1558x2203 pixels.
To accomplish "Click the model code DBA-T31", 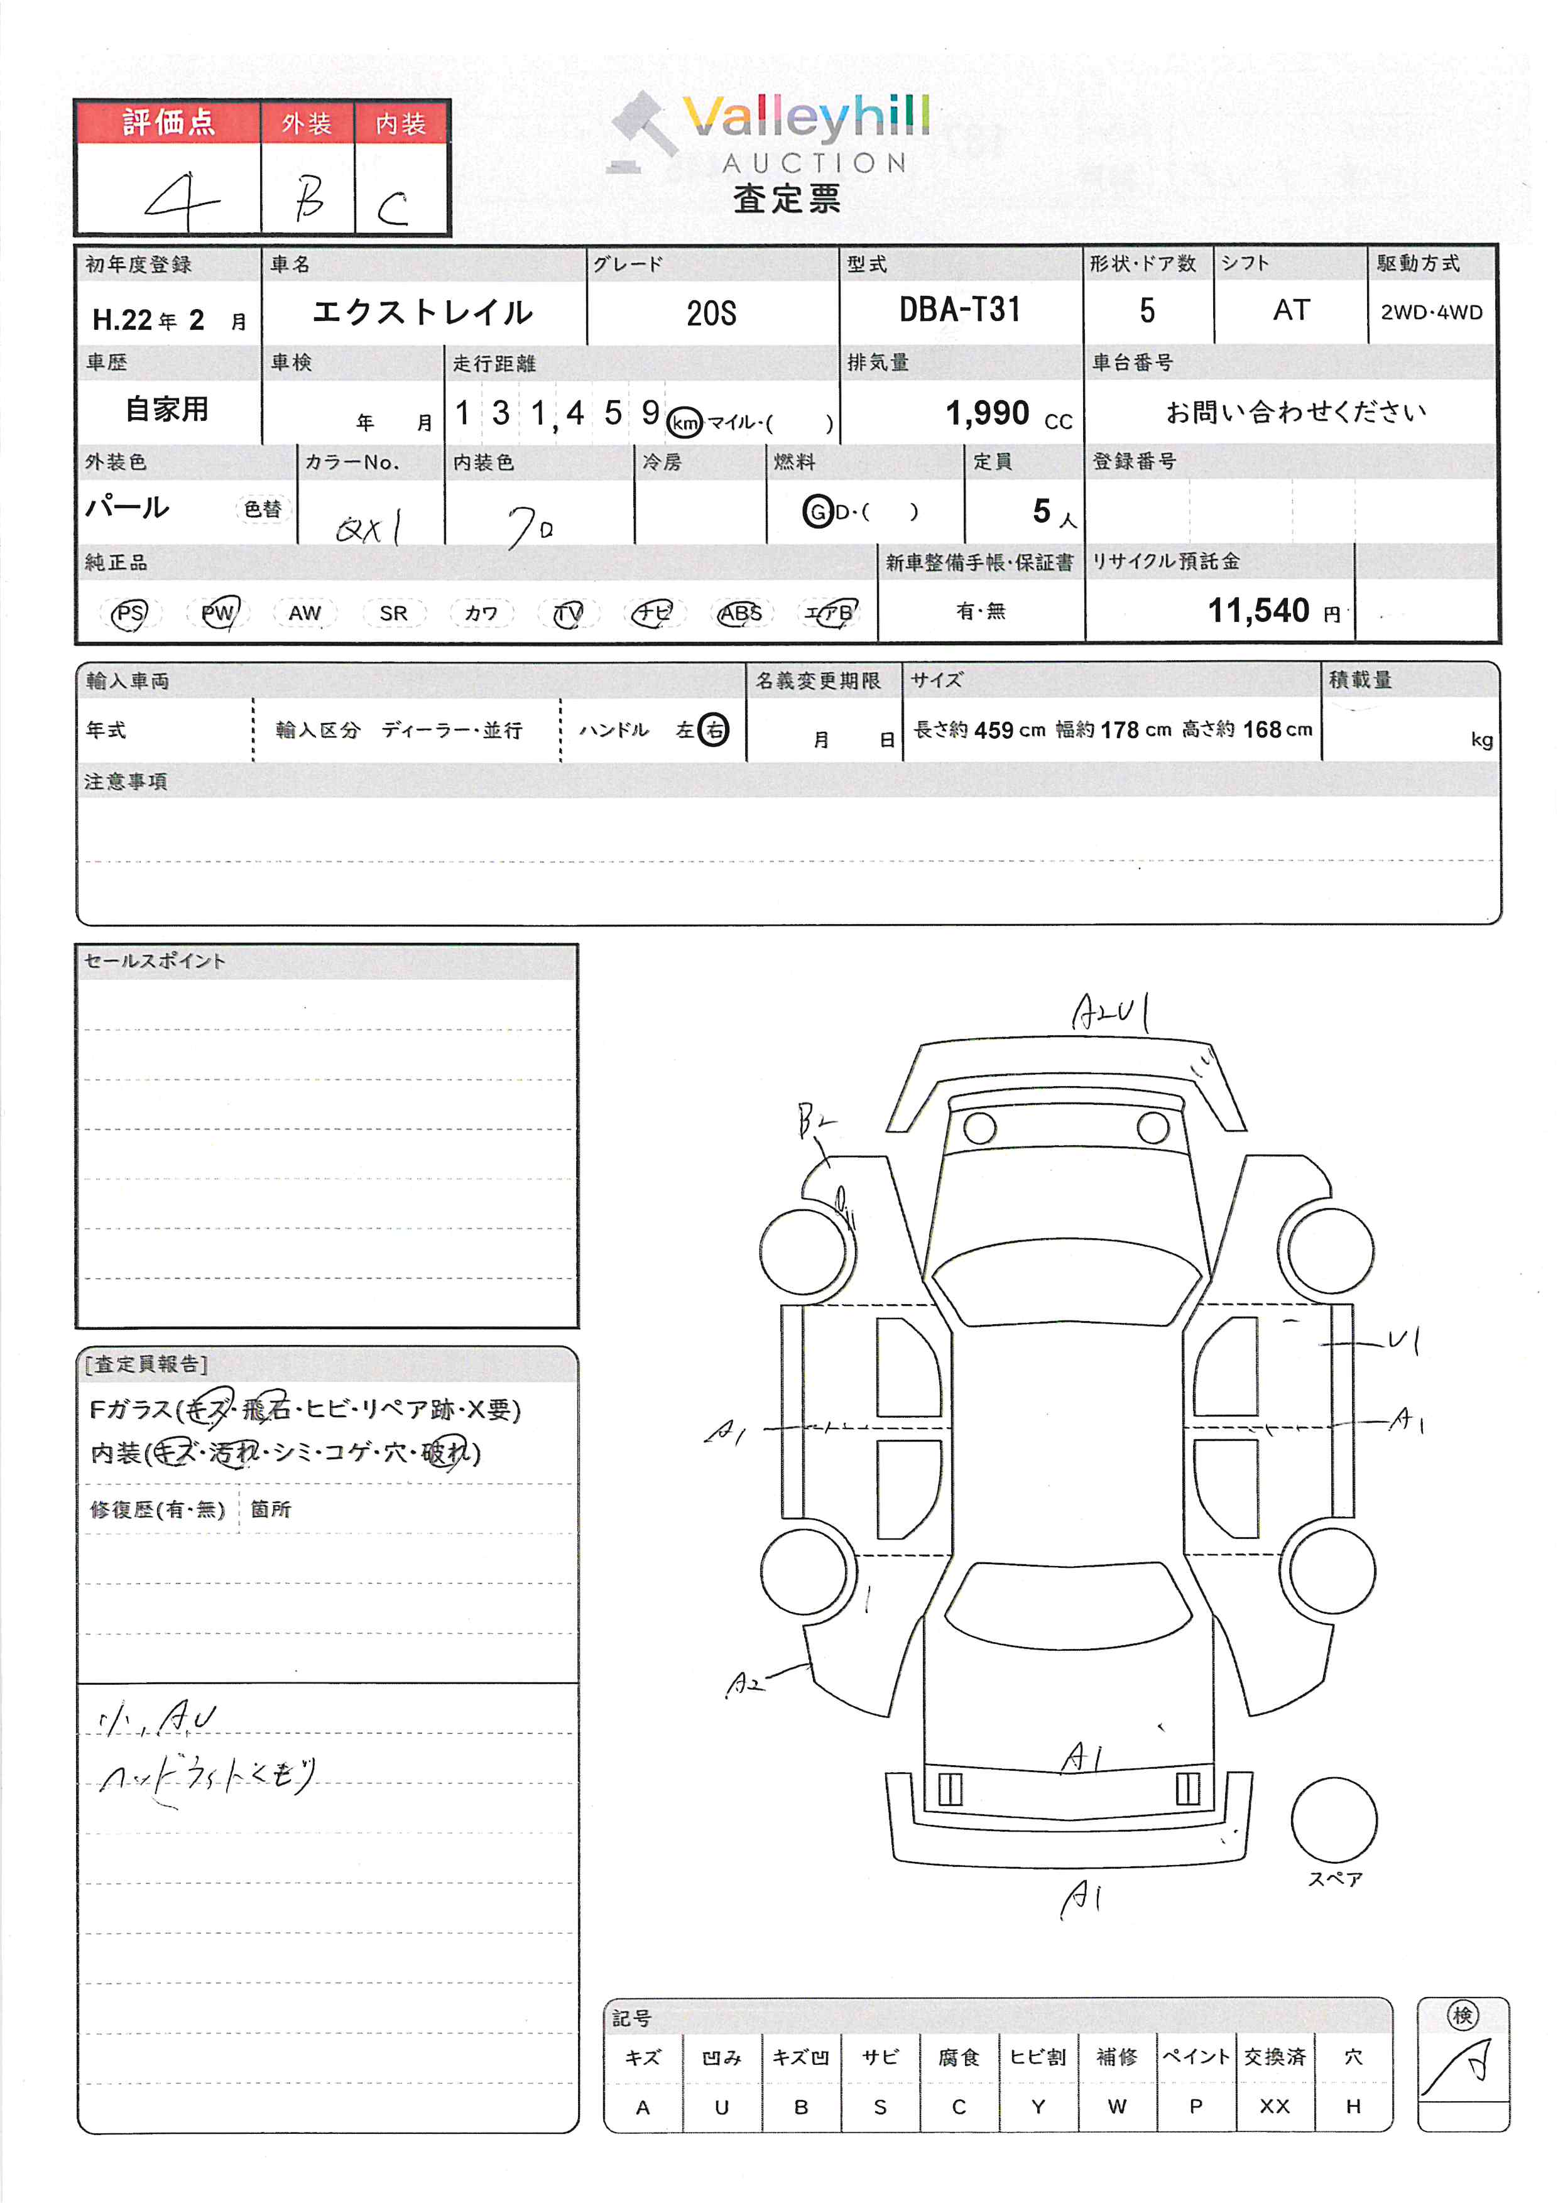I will (959, 310).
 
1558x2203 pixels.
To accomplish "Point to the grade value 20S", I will (711, 313).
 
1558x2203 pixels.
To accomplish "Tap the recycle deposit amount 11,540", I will (1258, 610).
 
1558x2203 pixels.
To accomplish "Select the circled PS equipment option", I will (129, 613).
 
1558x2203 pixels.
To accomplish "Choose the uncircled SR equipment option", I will (393, 613).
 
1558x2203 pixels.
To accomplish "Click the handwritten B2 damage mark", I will (815, 1121).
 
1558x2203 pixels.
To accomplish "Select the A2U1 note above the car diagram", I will (1111, 1012).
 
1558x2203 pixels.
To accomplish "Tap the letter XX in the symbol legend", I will (1274, 2107).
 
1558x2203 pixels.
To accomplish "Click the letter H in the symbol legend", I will (1353, 2107).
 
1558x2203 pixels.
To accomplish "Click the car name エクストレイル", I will (422, 312).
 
